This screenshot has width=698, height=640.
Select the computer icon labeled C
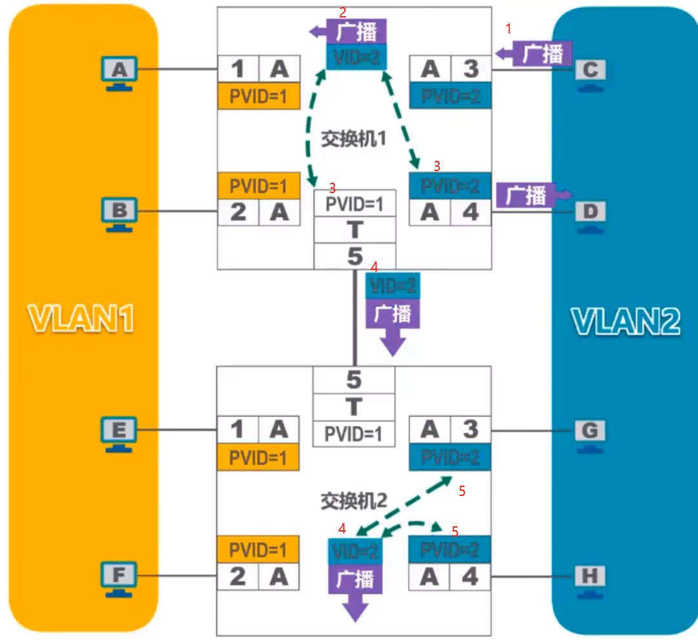point(590,72)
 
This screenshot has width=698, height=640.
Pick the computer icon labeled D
point(590,214)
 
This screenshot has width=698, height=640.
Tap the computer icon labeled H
point(590,577)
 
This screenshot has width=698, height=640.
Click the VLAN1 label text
point(81,318)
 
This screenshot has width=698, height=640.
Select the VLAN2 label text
point(625,320)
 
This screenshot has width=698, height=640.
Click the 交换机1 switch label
point(353,138)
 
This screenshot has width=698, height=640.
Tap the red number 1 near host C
point(508,29)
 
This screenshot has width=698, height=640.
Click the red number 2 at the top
point(343,12)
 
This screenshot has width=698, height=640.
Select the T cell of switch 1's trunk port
point(354,229)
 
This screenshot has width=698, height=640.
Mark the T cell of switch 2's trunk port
point(354,407)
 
